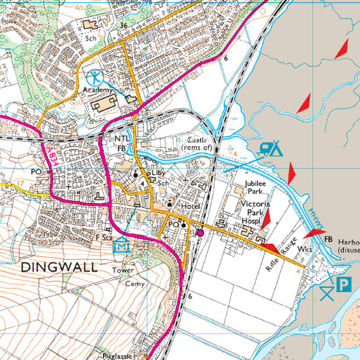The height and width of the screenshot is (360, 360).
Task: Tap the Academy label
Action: pos(98,90)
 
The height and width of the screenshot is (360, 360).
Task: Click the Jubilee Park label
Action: pos(256,189)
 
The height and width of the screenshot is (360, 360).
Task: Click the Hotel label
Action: pos(191,206)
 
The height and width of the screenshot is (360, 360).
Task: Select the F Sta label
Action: pos(104,235)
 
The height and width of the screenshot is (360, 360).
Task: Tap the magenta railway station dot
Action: pos(200,233)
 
